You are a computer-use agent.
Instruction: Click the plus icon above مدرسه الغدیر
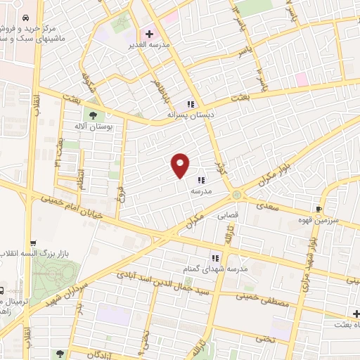tap(148, 33)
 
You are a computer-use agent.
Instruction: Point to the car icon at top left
tap(26, 17)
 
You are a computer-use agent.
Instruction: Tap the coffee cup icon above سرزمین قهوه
tap(319, 209)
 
